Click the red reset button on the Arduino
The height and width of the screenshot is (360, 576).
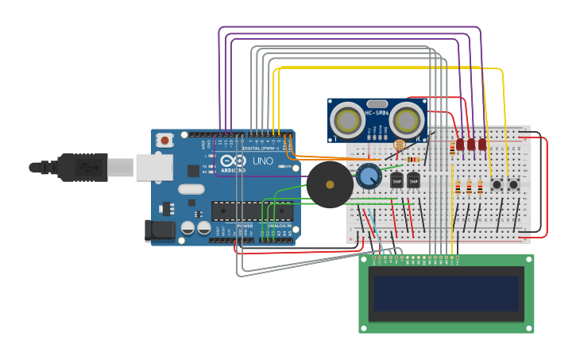164,141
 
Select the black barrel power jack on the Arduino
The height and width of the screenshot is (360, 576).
158,230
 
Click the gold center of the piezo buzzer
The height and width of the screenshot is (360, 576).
330,184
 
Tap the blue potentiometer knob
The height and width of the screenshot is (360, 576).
368,176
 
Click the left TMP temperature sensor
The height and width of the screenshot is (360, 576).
397,181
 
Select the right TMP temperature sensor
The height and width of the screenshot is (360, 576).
413,181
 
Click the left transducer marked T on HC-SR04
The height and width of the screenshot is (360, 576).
348,121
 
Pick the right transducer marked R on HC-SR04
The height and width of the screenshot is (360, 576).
407,121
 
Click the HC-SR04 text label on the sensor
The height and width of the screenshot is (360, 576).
377,113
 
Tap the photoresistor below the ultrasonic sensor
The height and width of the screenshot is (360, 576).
399,145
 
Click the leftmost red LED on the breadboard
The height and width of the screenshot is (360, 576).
460,145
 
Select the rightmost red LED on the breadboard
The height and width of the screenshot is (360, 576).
482,145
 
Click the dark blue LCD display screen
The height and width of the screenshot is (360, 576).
446,293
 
